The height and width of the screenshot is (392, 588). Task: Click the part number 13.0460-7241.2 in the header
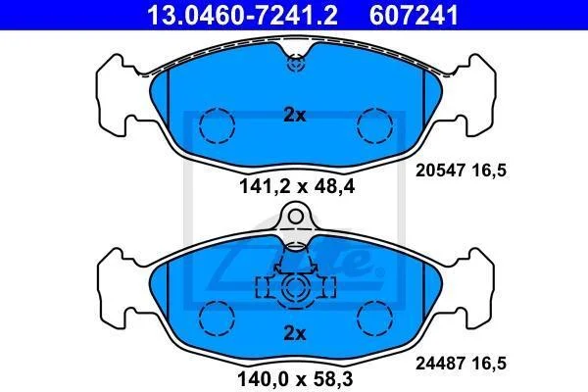(x=242, y=15)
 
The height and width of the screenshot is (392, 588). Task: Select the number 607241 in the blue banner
(x=414, y=15)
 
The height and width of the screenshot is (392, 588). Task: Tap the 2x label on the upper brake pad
(x=295, y=116)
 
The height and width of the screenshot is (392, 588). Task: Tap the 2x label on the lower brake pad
(x=295, y=333)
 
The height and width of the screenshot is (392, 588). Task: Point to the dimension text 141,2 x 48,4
(x=297, y=186)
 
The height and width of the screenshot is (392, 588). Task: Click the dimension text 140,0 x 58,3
(x=295, y=379)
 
